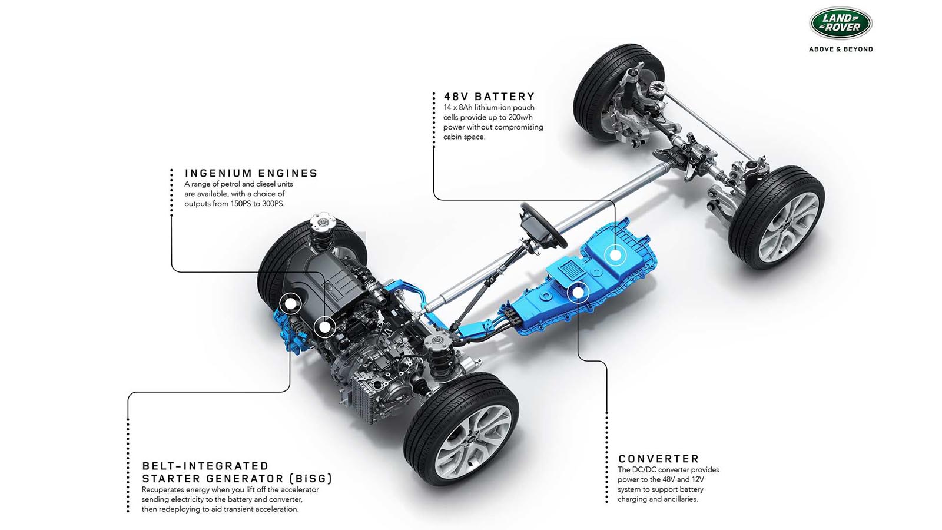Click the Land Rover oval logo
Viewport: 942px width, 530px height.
tap(841, 23)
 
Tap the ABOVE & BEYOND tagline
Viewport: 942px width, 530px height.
tap(841, 49)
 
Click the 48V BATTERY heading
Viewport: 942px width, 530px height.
tap(489, 97)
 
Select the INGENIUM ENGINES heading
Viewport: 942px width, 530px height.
tap(251, 173)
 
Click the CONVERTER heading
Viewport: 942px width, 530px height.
tap(659, 459)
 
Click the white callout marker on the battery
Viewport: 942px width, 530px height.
tap(615, 255)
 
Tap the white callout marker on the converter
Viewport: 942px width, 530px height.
tap(578, 291)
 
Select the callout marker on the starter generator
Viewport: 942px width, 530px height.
tap(290, 304)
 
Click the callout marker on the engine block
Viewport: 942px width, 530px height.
tap(324, 326)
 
